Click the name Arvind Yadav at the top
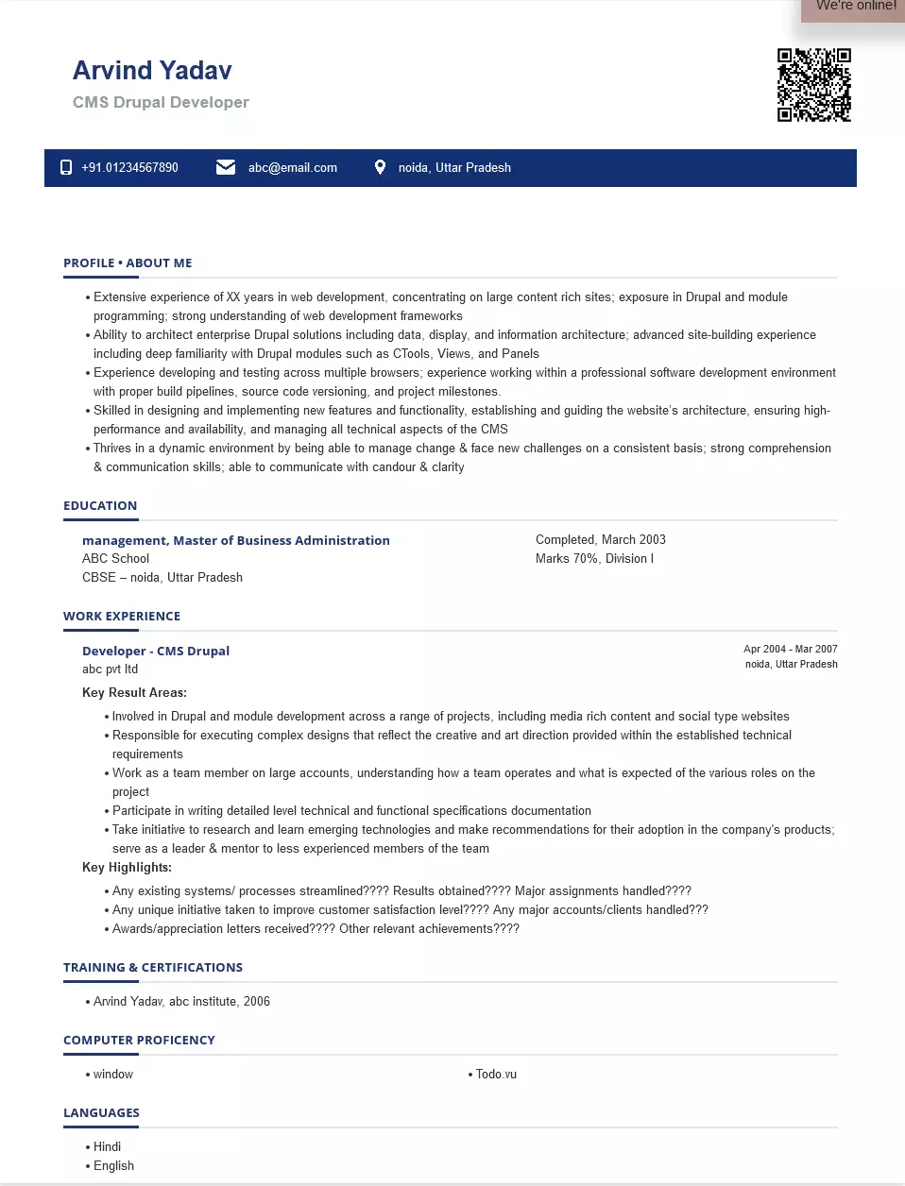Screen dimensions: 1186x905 [152, 71]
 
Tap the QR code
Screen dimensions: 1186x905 [813, 85]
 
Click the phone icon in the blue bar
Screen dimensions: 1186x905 [66, 167]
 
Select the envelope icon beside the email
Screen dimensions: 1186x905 [226, 167]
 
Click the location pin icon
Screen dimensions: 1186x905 [380, 167]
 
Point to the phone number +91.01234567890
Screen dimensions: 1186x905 [129, 168]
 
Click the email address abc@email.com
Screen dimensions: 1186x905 [292, 168]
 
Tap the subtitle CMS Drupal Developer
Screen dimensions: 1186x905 [161, 102]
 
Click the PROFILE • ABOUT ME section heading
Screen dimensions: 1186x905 [128, 263]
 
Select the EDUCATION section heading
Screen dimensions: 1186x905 [100, 506]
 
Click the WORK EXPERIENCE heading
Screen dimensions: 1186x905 [122, 617]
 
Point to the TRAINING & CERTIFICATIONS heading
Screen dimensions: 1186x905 [153, 968]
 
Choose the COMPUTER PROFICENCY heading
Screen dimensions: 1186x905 [139, 1041]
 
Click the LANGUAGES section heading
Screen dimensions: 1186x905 [101, 1113]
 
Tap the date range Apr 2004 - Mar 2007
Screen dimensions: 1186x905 [790, 649]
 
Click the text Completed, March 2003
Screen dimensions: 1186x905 [600, 540]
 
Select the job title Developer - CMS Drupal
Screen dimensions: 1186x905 [156, 652]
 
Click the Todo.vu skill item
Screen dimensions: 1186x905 [496, 1075]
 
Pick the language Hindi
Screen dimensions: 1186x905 [107, 1147]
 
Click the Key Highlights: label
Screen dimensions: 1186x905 [127, 868]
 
